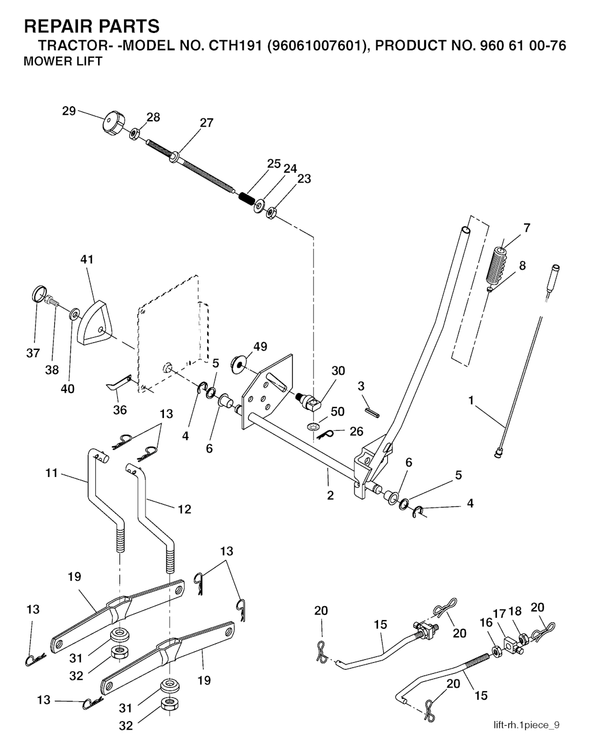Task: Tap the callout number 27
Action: (206, 122)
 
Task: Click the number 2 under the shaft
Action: (330, 495)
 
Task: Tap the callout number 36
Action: (119, 410)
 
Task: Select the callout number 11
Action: (51, 473)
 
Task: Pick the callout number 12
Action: (184, 509)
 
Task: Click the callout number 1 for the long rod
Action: (472, 400)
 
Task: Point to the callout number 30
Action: (338, 371)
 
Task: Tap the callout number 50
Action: (338, 411)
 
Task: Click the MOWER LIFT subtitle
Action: (62, 62)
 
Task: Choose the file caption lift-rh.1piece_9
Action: (526, 725)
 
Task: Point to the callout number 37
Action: (33, 353)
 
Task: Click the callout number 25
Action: (274, 163)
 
